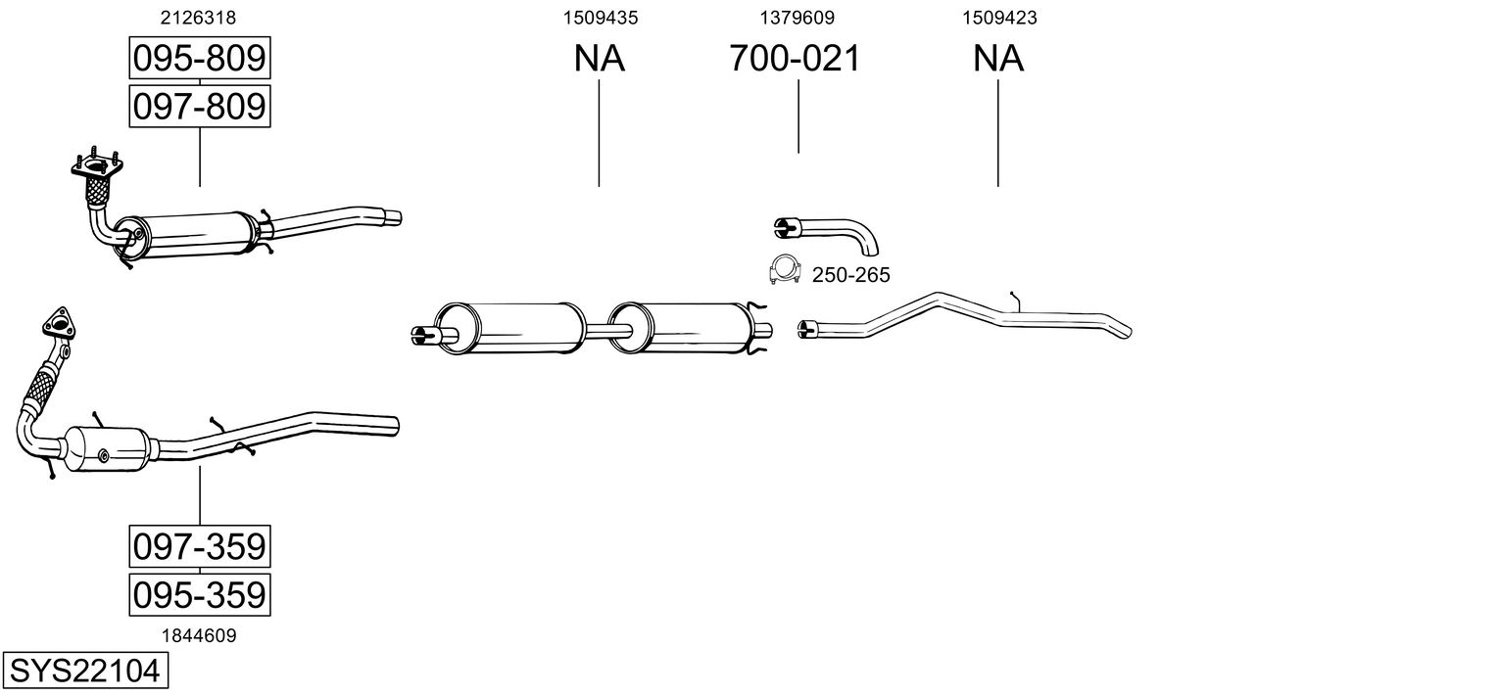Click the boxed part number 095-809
[200, 58]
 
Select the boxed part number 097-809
[200, 107]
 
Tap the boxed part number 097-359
[200, 546]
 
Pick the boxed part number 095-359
[200, 594]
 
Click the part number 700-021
[795, 58]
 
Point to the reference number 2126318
[198, 18]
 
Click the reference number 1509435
[601, 18]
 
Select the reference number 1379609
[797, 18]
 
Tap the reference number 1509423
[999, 18]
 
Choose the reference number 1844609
[199, 636]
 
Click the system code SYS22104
[85, 671]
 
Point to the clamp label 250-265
[851, 275]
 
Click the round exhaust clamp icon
[785, 270]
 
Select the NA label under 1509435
[600, 58]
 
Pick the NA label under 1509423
[998, 58]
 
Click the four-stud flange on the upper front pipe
[97, 162]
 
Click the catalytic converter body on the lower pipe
[107, 448]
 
